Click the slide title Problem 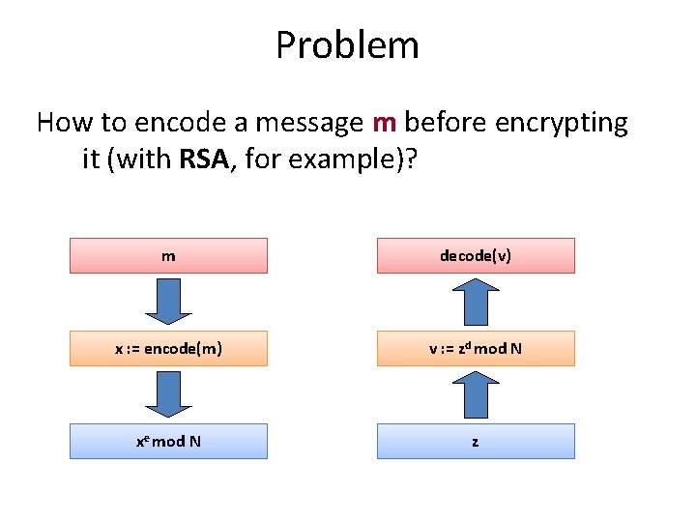pyautogui.click(x=347, y=45)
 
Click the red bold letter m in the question pyautogui.click(x=384, y=124)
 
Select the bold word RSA pyautogui.click(x=203, y=159)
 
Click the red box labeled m pyautogui.click(x=168, y=256)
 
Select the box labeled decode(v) pyautogui.click(x=476, y=256)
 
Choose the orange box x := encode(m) pyautogui.click(x=168, y=348)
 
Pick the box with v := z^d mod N pyautogui.click(x=476, y=348)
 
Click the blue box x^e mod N pyautogui.click(x=168, y=441)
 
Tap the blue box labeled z pyautogui.click(x=476, y=441)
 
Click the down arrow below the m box pyautogui.click(x=168, y=301)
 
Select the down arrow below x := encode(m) pyautogui.click(x=168, y=393)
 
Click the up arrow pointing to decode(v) pyautogui.click(x=476, y=301)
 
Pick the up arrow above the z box pyautogui.click(x=476, y=393)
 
